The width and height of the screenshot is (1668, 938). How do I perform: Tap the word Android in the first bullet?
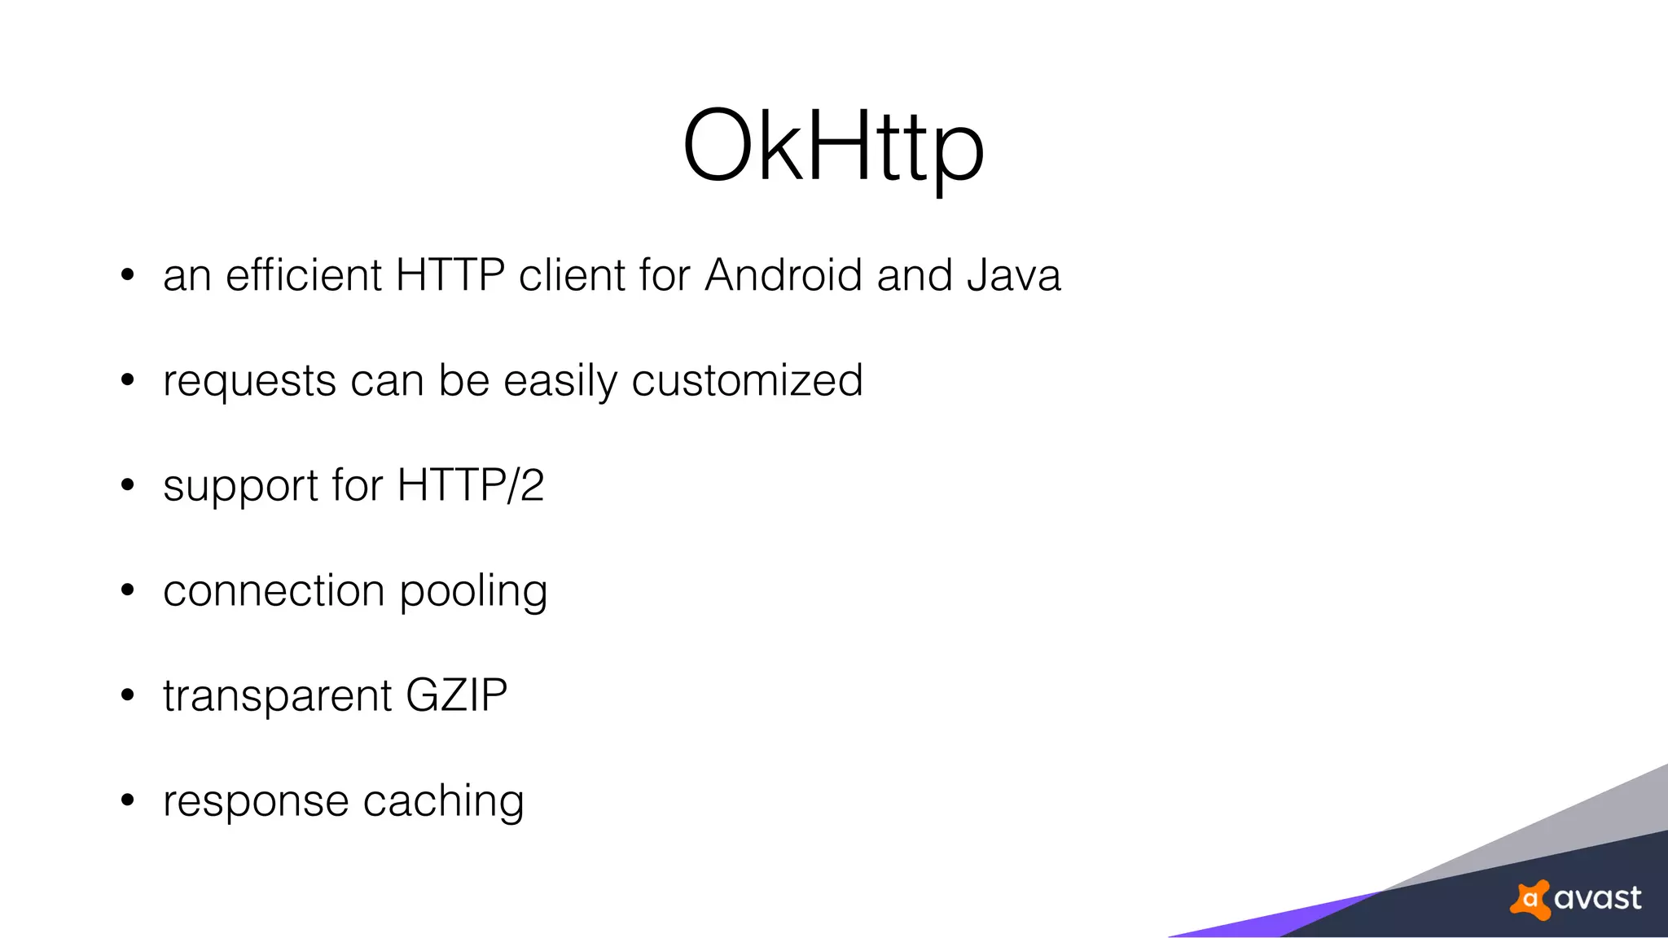(x=783, y=275)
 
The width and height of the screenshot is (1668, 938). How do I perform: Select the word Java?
(x=1014, y=275)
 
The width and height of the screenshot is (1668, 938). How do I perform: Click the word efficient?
(x=304, y=275)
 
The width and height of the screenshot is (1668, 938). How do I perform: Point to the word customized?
(x=747, y=381)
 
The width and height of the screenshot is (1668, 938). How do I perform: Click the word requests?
(x=249, y=381)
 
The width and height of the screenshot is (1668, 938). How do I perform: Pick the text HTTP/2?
(x=470, y=485)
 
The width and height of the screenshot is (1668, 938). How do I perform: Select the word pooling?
(x=473, y=592)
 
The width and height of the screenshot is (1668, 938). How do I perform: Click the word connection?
(x=274, y=590)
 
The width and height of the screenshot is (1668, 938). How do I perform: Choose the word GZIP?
(x=456, y=695)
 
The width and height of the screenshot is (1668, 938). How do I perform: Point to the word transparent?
(x=278, y=697)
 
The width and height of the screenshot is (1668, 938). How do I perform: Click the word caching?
(x=443, y=801)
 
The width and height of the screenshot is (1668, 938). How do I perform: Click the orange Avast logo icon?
(x=1530, y=899)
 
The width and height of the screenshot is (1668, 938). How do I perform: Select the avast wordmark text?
(x=1597, y=898)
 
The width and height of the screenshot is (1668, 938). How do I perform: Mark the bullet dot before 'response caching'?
(x=127, y=800)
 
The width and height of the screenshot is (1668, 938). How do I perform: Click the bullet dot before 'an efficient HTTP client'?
(x=127, y=275)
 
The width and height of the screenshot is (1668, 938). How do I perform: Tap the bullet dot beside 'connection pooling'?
(x=127, y=590)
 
